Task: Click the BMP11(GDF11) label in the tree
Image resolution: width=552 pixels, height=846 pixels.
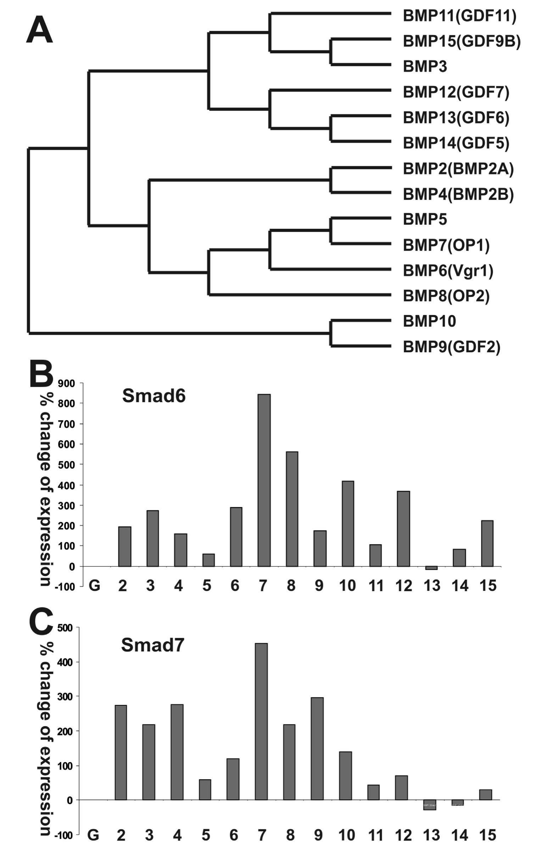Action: coord(459,16)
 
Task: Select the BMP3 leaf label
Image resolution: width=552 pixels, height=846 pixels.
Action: coord(425,67)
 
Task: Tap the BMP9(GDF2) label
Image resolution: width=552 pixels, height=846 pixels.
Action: coord(451,347)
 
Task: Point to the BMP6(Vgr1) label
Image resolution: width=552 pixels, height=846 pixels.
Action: coord(448,271)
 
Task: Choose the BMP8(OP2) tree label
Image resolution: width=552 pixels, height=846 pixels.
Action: coord(446,296)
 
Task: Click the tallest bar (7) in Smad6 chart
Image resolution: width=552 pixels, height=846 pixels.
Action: coord(264,480)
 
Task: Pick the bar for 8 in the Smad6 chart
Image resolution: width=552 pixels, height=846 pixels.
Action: coord(292,509)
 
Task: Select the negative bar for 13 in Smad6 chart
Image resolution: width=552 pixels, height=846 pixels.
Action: coord(431,568)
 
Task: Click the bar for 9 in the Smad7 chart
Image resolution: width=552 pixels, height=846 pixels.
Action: coord(317,744)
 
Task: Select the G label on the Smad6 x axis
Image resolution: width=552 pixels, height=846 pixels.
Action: coord(94,586)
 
